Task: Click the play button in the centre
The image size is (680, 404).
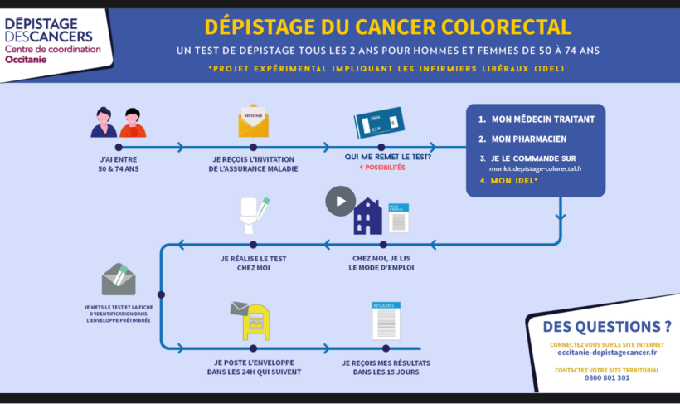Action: pyautogui.click(x=340, y=201)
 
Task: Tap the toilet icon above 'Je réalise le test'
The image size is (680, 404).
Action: pyautogui.click(x=253, y=217)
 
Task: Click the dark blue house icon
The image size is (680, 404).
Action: pyautogui.click(x=367, y=217)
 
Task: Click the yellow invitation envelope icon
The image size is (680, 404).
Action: pyautogui.click(x=253, y=121)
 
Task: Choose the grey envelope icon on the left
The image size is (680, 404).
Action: pyautogui.click(x=119, y=280)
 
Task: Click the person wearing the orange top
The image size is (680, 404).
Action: pyautogui.click(x=133, y=123)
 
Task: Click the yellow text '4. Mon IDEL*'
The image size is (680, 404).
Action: pyautogui.click(x=508, y=180)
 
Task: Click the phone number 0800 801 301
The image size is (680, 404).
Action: pyautogui.click(x=607, y=378)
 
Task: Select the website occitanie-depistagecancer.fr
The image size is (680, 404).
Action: pyautogui.click(x=607, y=353)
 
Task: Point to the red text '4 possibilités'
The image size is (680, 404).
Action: pyautogui.click(x=381, y=168)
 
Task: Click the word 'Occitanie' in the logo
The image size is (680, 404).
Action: pyautogui.click(x=27, y=60)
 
